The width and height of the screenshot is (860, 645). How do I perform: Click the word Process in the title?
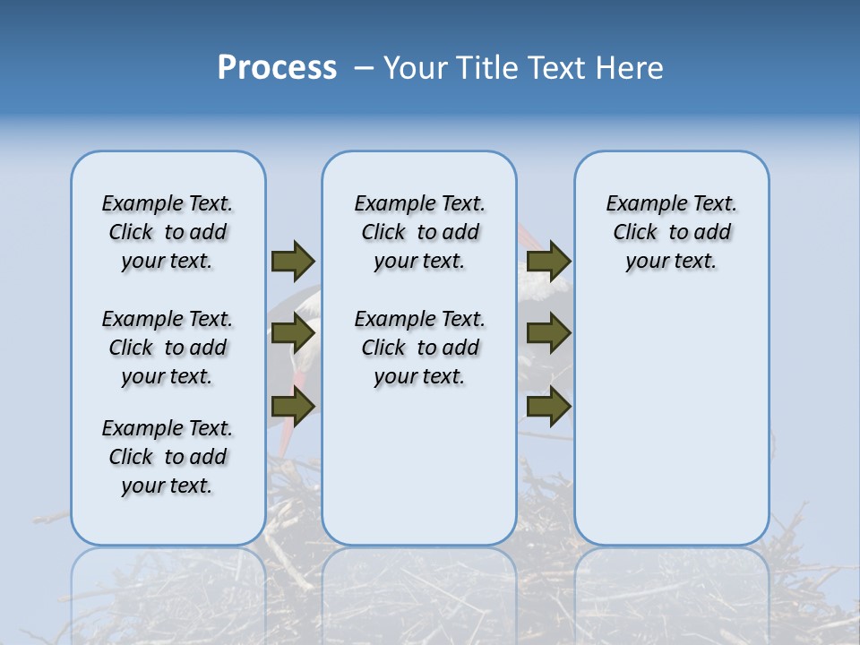click(277, 67)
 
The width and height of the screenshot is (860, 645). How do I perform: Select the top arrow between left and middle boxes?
click(293, 261)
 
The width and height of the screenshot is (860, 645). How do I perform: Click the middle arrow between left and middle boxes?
click(293, 333)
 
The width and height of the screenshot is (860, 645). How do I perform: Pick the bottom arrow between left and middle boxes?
click(293, 407)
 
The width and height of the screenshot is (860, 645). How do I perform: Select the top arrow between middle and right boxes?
click(548, 261)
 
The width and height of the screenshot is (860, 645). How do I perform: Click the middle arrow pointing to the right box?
click(548, 333)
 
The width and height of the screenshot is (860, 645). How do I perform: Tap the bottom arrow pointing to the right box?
click(548, 407)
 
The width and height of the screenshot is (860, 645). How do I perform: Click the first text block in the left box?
click(168, 232)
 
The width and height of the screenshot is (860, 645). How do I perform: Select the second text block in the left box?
click(168, 348)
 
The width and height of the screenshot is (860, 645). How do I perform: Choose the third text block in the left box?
click(168, 457)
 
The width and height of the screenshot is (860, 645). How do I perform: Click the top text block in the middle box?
click(419, 232)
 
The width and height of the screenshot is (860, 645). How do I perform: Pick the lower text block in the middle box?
click(419, 348)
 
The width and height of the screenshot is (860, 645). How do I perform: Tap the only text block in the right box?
click(671, 232)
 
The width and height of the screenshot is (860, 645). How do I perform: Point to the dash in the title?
click(363, 68)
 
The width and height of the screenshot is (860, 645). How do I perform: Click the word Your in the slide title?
click(417, 67)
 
